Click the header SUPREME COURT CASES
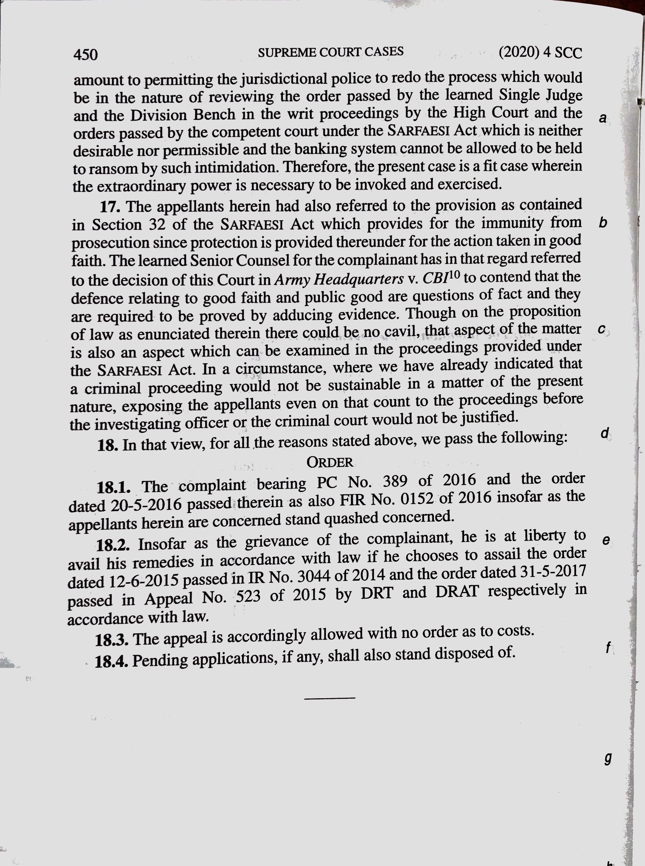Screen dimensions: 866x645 point(330,52)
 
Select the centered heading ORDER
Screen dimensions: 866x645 point(330,463)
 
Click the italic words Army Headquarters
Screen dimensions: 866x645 point(339,279)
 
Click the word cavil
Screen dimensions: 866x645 point(402,333)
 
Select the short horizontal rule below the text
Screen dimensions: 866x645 point(330,698)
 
